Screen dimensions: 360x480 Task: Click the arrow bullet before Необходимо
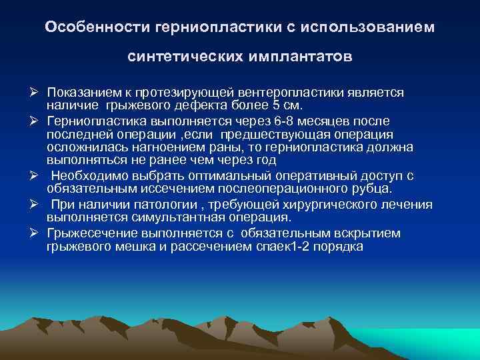click(x=37, y=175)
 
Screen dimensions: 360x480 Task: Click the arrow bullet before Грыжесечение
click(x=37, y=232)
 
